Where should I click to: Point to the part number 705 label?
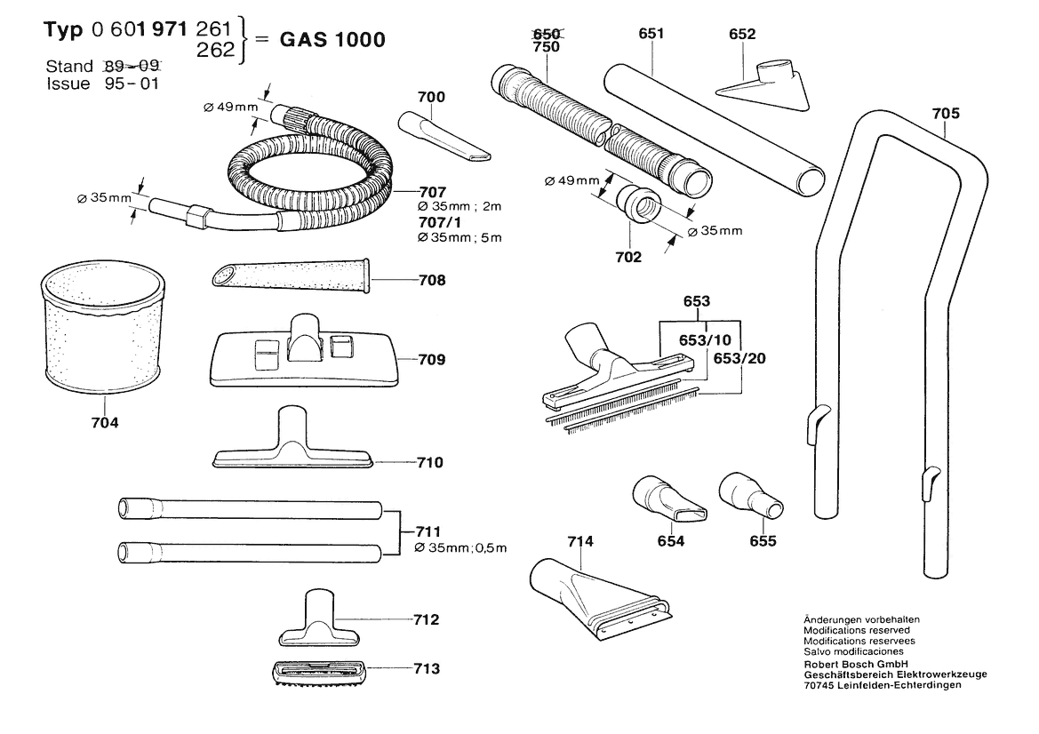pos(946,113)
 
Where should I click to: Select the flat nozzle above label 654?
pos(669,501)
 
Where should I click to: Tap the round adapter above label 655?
pos(750,497)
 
